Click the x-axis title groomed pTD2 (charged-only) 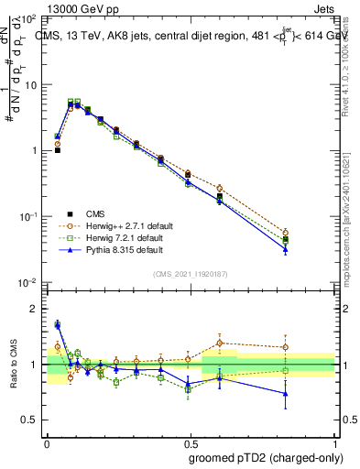pyautogui.click(x=265, y=458)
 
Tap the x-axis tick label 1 pyautogui.click(x=334, y=440)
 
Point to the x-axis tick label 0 pyautogui.click(x=47, y=440)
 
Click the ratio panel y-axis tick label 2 pyautogui.click(x=34, y=309)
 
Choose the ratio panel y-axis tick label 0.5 pyautogui.click(x=30, y=420)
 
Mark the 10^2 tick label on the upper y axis pyautogui.click(x=28, y=18)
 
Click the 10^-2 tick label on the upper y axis pyautogui.click(x=28, y=282)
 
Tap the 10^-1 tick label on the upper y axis pyautogui.click(x=28, y=216)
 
